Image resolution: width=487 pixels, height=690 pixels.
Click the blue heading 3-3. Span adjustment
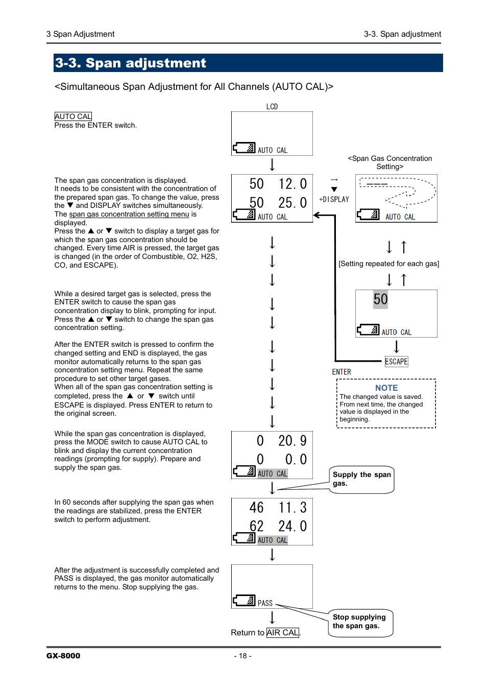click(x=130, y=63)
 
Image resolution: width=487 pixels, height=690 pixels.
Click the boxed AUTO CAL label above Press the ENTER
click(x=73, y=116)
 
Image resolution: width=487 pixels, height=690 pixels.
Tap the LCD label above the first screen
click(x=272, y=107)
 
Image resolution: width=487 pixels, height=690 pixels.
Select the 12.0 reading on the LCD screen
click(x=293, y=184)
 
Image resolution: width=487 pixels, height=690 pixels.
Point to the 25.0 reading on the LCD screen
click(x=293, y=203)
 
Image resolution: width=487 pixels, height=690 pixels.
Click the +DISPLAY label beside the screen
click(x=334, y=199)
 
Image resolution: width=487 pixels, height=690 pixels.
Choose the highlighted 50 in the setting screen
click(x=381, y=299)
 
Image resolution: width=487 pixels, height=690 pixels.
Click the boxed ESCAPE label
click(x=397, y=362)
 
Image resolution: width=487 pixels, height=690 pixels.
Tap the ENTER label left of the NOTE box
click(x=342, y=372)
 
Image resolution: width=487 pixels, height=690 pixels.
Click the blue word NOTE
click(x=386, y=388)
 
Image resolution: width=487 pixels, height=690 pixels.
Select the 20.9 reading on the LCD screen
click(x=293, y=441)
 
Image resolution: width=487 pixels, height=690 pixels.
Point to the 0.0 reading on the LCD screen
click(x=296, y=460)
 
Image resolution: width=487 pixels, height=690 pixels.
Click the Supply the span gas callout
click(x=361, y=479)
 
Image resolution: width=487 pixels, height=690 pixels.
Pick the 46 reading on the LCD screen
click(x=257, y=508)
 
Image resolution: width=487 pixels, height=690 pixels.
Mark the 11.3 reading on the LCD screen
click(x=293, y=508)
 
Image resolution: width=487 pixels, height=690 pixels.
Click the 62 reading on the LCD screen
click(x=257, y=526)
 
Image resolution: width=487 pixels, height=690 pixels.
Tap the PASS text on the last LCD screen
click(x=265, y=603)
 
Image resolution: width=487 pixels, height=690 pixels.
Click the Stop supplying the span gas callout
click(x=359, y=622)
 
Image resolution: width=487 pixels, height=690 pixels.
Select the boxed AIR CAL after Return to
click(x=283, y=633)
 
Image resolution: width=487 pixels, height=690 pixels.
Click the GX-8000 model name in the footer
click(x=63, y=656)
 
